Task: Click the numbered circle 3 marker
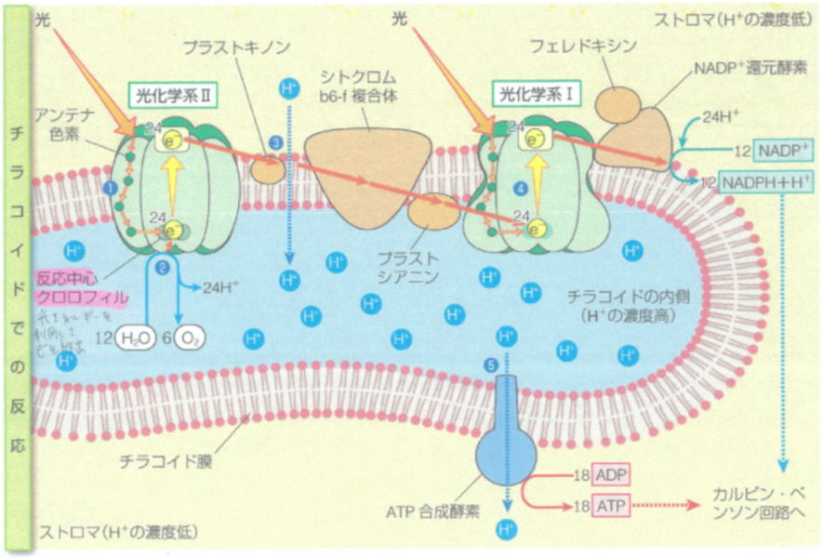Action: [x=275, y=142]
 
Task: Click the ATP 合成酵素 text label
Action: [x=432, y=509]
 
